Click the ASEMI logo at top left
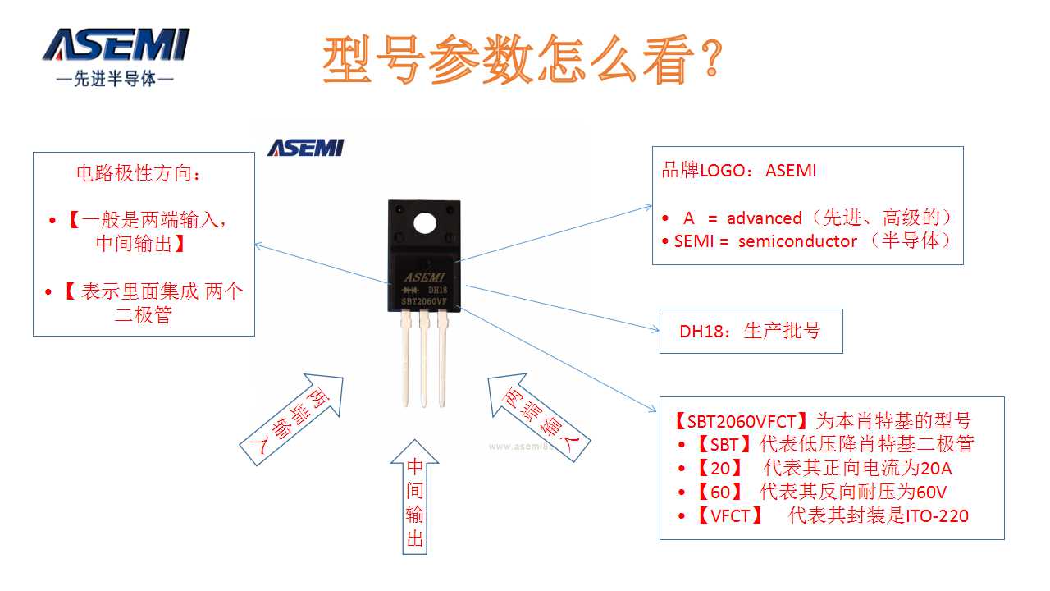(x=116, y=46)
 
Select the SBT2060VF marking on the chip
(x=423, y=302)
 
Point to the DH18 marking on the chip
(x=437, y=290)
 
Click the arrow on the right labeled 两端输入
(x=537, y=419)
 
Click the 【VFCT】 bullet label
(x=728, y=516)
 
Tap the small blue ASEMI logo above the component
(x=305, y=148)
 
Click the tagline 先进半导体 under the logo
(x=114, y=80)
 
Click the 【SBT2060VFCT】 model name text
(x=741, y=421)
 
